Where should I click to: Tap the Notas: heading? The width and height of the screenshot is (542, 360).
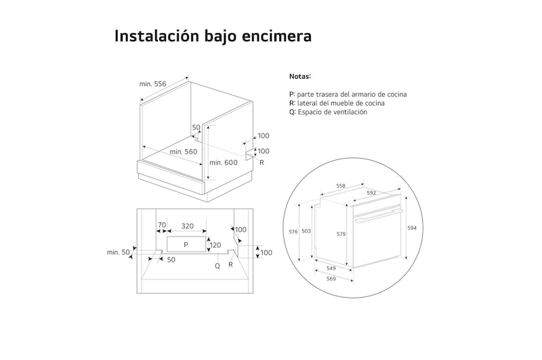[x=300, y=77]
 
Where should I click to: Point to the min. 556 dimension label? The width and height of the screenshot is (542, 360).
[x=153, y=83]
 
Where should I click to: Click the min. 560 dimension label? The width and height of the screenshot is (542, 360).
[x=184, y=152]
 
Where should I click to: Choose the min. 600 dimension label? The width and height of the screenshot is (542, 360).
[x=223, y=163]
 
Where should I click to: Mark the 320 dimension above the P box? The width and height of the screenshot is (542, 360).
[x=187, y=226]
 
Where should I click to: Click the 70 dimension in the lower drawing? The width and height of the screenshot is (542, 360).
[x=161, y=225]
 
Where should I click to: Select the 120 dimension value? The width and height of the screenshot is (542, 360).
[x=215, y=245]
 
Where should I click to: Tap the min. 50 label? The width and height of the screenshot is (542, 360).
[x=118, y=252]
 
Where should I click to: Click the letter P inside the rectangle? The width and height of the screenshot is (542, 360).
[x=186, y=244]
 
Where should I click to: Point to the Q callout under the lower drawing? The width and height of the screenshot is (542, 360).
[x=217, y=266]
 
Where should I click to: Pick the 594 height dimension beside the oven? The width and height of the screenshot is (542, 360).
[x=412, y=228]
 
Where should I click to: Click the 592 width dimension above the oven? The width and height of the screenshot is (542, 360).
[x=371, y=193]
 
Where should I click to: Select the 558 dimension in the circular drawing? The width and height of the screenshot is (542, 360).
[x=341, y=186]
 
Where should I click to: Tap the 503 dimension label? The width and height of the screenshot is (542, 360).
[x=306, y=232]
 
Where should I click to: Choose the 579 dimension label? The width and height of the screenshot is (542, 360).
[x=341, y=235]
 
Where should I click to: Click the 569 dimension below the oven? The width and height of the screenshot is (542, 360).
[x=331, y=279]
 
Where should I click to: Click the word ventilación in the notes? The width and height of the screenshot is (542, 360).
[x=347, y=113]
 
